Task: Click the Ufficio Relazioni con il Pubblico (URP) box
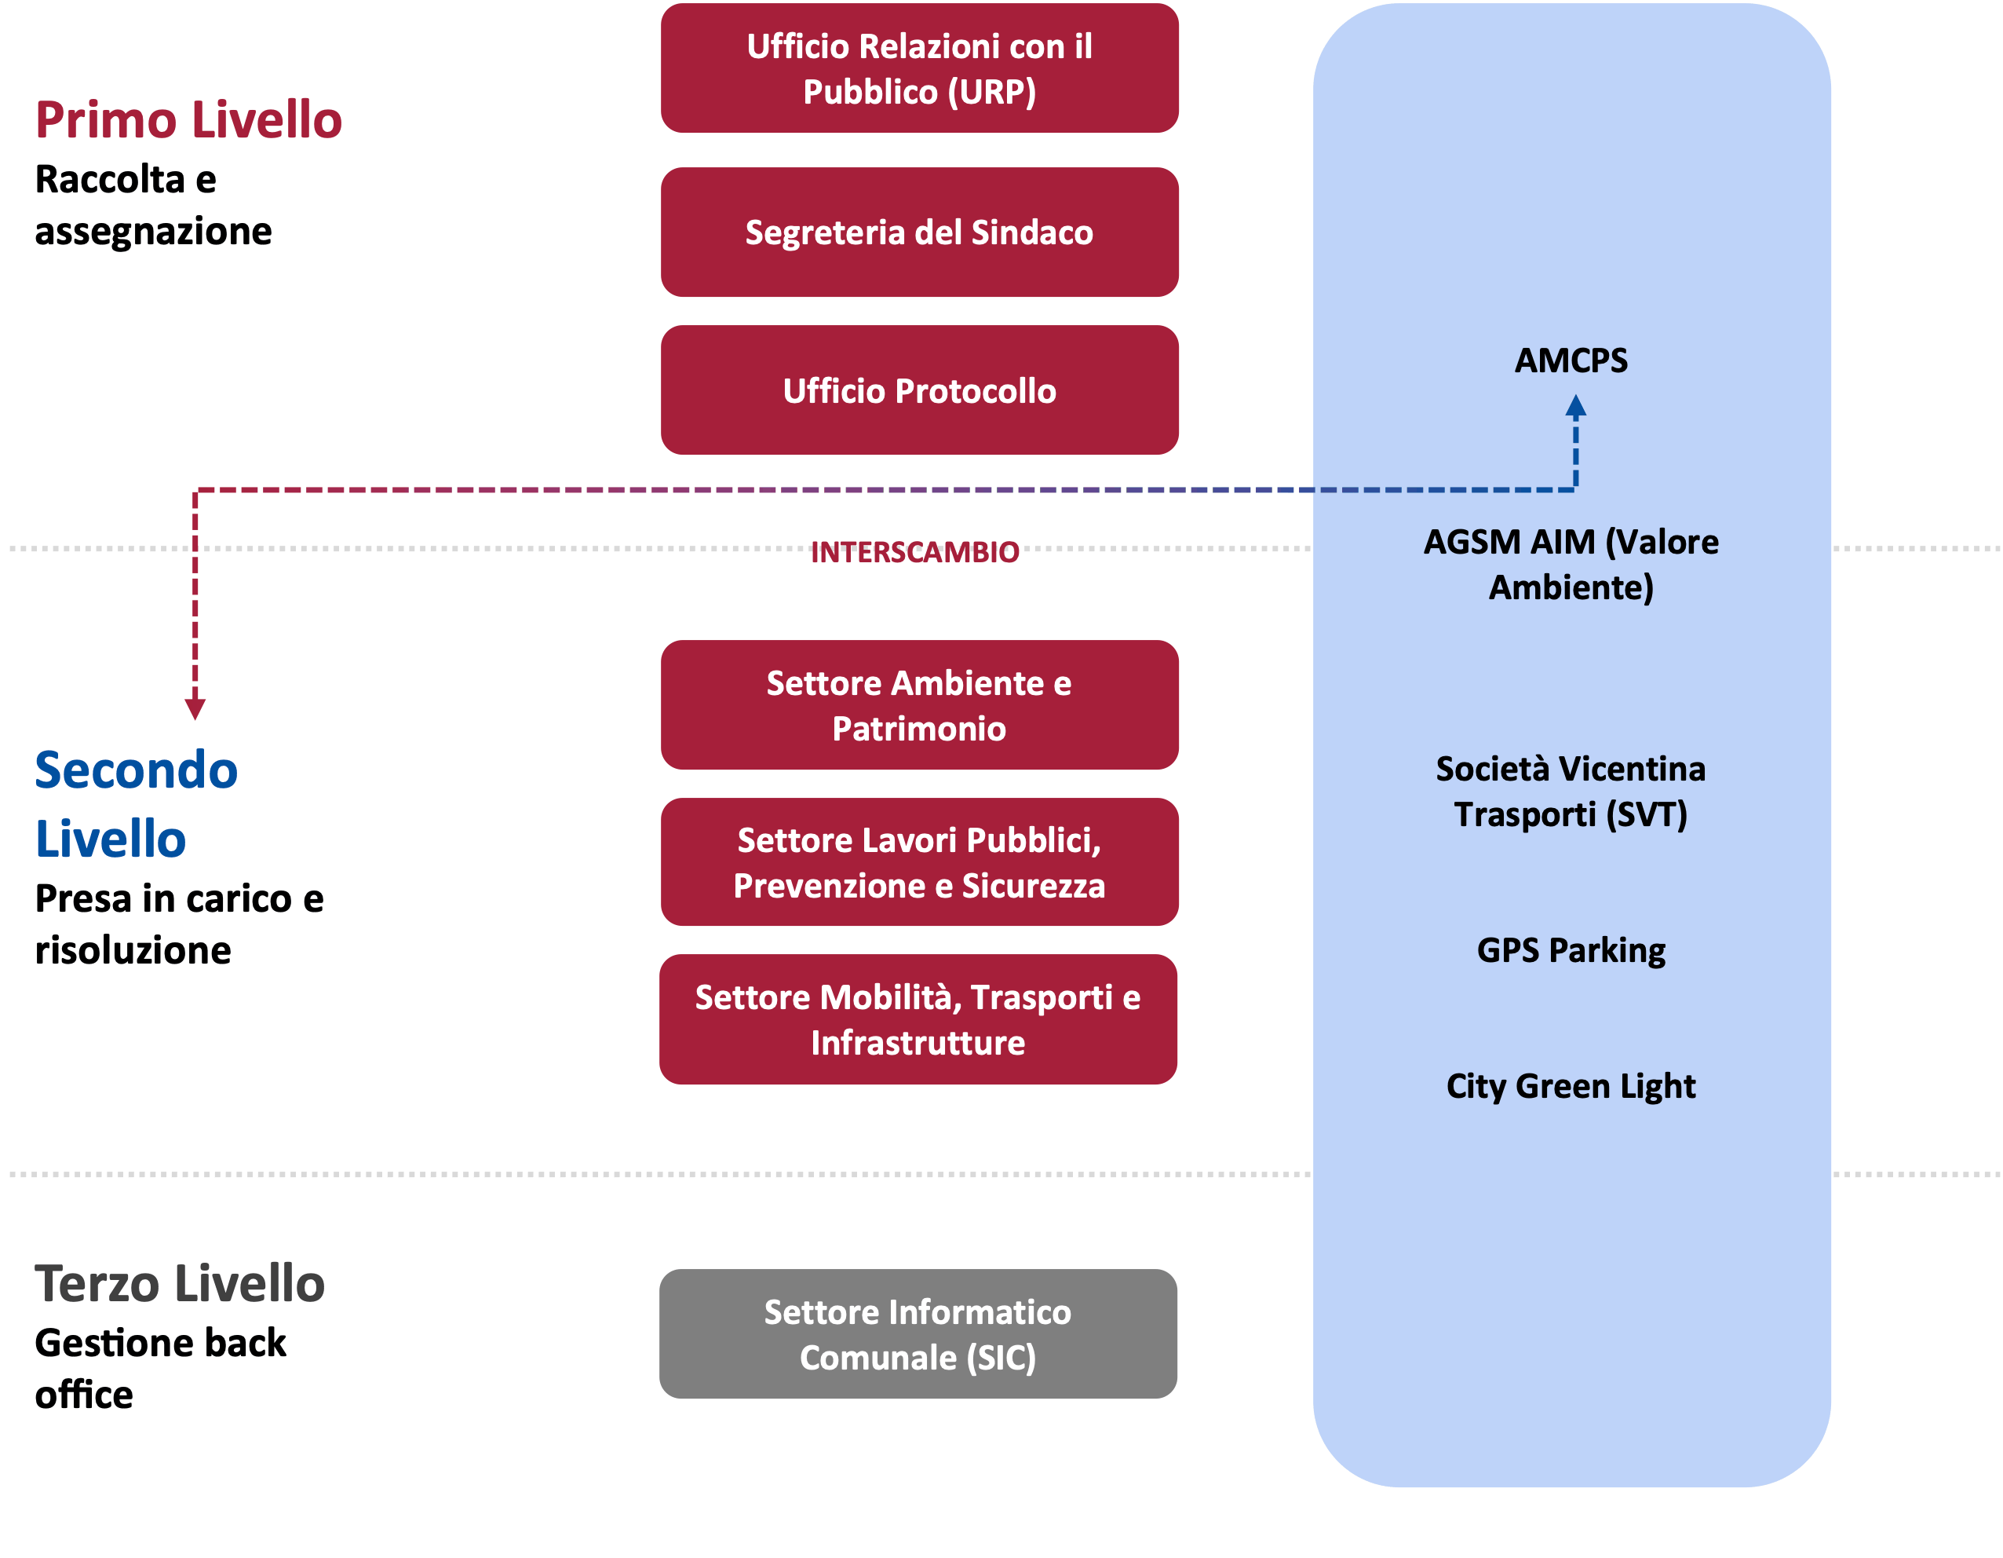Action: pyautogui.click(x=919, y=68)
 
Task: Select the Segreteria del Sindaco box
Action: pyautogui.click(x=919, y=232)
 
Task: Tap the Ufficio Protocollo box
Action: pyautogui.click(x=919, y=390)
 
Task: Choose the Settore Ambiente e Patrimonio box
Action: pyautogui.click(x=919, y=704)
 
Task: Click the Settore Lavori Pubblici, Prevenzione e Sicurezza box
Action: pyautogui.click(x=919, y=861)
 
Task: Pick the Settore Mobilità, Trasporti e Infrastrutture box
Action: pyautogui.click(x=918, y=1019)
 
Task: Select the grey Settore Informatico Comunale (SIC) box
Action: pyautogui.click(x=918, y=1334)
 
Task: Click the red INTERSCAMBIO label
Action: pyautogui.click(x=914, y=552)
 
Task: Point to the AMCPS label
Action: pyautogui.click(x=1571, y=360)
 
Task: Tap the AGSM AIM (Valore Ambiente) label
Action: pyautogui.click(x=1571, y=565)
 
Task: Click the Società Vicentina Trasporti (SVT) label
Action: pyautogui.click(x=1571, y=792)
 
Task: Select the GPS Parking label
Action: pyautogui.click(x=1571, y=950)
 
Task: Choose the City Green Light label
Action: pyautogui.click(x=1571, y=1086)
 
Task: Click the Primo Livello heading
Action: pyautogui.click(x=189, y=119)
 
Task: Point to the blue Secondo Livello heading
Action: pyautogui.click(x=137, y=804)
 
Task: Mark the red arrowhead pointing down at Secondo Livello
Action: pyautogui.click(x=195, y=708)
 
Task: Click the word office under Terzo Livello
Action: pyautogui.click(x=85, y=1395)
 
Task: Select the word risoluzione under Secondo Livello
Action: pyautogui.click(x=133, y=950)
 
